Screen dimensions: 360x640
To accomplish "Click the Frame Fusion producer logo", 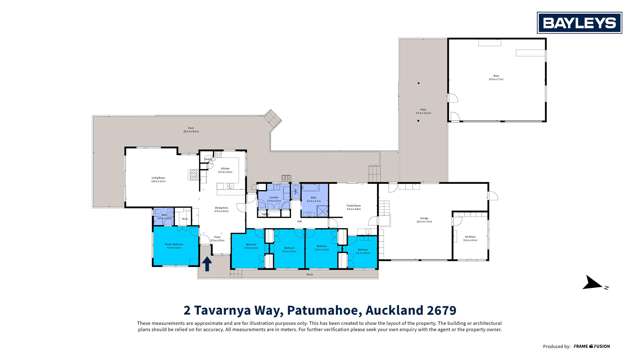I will (592, 346).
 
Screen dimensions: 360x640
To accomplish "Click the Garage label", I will (425, 221).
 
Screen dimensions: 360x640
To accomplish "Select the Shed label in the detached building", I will (494, 75).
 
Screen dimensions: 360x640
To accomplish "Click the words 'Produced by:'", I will (557, 346).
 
